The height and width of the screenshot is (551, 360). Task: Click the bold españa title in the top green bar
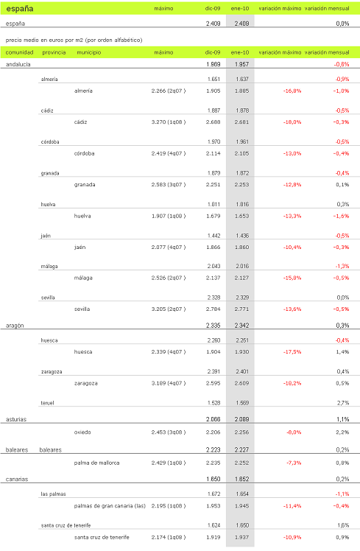click(x=20, y=9)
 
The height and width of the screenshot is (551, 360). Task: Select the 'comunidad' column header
click(x=19, y=52)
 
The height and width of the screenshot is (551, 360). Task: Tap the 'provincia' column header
click(x=54, y=52)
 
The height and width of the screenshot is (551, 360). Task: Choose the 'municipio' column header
click(x=89, y=52)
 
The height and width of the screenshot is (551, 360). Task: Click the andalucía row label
click(x=18, y=65)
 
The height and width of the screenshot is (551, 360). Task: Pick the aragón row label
click(x=15, y=325)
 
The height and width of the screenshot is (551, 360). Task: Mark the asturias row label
click(x=16, y=418)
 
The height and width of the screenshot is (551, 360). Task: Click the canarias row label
click(x=17, y=479)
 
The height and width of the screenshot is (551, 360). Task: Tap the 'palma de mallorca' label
click(x=97, y=463)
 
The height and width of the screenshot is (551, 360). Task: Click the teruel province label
click(x=49, y=403)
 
